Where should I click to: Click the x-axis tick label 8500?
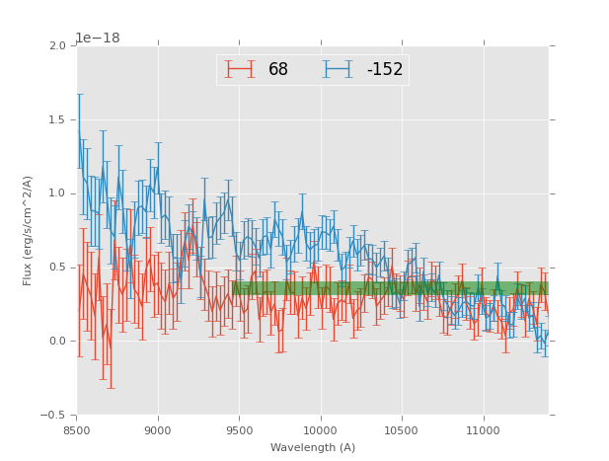[x=76, y=430]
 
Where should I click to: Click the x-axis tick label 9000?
[x=158, y=430]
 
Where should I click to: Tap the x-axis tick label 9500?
[x=239, y=430]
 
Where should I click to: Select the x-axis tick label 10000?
[x=320, y=430]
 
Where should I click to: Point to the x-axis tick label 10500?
[x=402, y=430]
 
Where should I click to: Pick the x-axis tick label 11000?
[x=483, y=430]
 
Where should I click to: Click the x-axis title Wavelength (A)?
[x=313, y=447]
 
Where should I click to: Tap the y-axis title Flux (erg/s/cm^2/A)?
[x=28, y=231]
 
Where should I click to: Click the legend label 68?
[x=278, y=70]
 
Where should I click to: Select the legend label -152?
[x=384, y=70]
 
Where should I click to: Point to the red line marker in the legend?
[x=239, y=69]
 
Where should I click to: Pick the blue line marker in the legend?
[x=337, y=69]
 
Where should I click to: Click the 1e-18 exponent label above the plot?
[x=97, y=38]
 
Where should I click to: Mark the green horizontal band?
[x=390, y=288]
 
